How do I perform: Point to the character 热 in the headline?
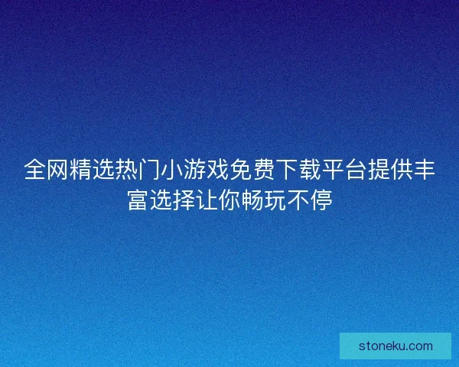(126, 170)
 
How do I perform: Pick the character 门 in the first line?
(149, 170)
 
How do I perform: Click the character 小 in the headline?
(172, 170)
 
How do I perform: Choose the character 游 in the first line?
(195, 170)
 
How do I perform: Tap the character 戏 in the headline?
(218, 170)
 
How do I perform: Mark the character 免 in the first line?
(241, 170)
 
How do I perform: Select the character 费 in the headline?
(264, 170)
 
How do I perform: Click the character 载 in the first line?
(310, 170)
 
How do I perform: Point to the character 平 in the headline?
(333, 170)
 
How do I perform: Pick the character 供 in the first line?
(402, 170)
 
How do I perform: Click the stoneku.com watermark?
(396, 346)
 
